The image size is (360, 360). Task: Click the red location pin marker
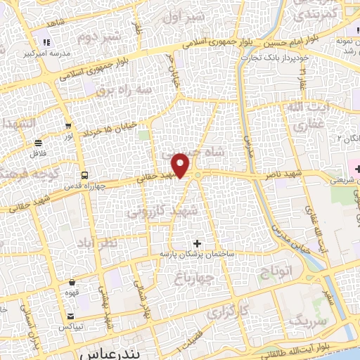181,165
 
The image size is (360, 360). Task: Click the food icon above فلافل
36,143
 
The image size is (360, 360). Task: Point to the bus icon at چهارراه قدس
84,175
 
